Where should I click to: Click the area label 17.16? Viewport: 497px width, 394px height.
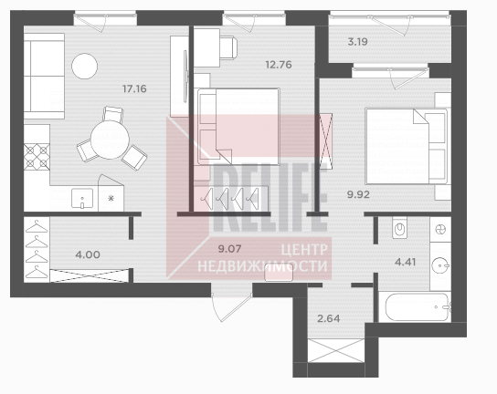pyautogui.click(x=134, y=89)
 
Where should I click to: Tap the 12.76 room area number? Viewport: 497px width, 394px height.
pyautogui.click(x=279, y=65)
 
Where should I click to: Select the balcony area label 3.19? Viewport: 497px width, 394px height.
pyautogui.click(x=357, y=42)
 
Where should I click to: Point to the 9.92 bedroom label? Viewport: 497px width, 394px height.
pyautogui.click(x=358, y=194)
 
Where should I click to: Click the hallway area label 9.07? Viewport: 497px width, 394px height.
pyautogui.click(x=230, y=249)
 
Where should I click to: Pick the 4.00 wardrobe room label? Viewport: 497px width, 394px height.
pyautogui.click(x=88, y=254)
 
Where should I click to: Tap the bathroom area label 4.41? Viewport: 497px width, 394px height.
pyautogui.click(x=405, y=262)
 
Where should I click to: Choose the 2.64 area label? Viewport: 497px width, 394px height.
pyautogui.click(x=329, y=318)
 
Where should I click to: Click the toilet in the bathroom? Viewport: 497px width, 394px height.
pyautogui.click(x=400, y=227)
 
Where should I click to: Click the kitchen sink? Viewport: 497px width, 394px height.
pyautogui.click(x=82, y=199)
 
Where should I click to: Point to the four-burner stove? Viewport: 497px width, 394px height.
pyautogui.click(x=37, y=157)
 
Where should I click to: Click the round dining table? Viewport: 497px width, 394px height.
pyautogui.click(x=110, y=140)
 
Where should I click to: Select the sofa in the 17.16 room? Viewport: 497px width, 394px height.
pyautogui.click(x=44, y=76)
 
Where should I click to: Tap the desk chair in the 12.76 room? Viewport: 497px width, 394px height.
pyautogui.click(x=228, y=47)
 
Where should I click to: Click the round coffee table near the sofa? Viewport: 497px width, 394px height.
pyautogui.click(x=84, y=66)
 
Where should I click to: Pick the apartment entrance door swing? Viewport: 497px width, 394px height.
pyautogui.click(x=231, y=306)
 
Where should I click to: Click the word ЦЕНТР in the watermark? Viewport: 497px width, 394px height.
pyautogui.click(x=304, y=250)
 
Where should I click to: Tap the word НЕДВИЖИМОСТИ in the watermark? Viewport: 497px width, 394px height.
pyautogui.click(x=262, y=265)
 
